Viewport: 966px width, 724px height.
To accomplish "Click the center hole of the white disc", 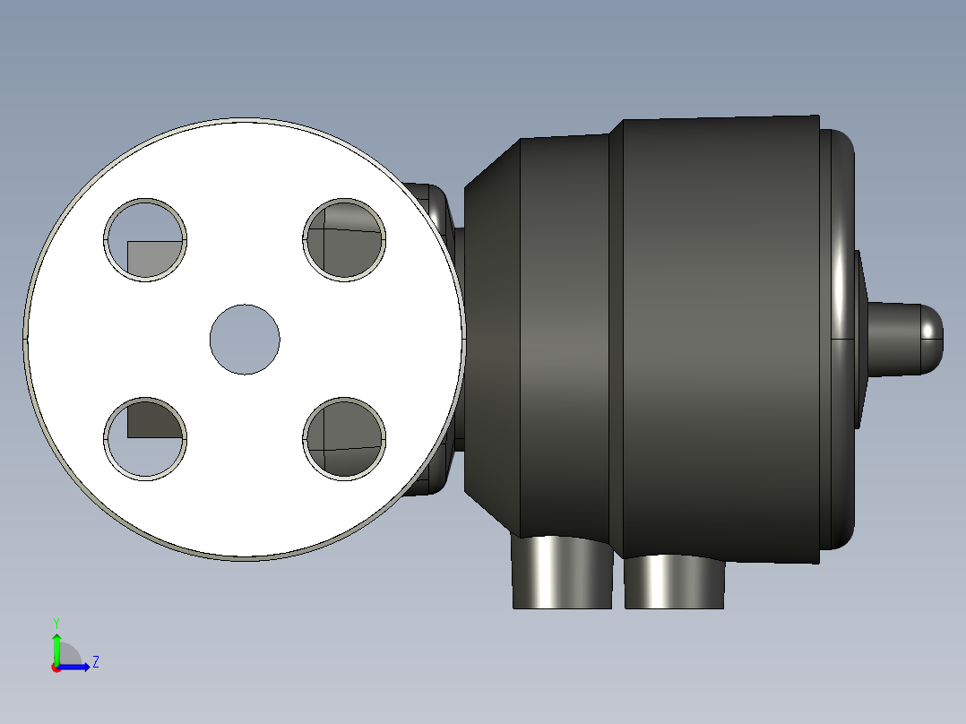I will point(245,340).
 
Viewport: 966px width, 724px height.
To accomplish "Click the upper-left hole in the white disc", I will point(145,240).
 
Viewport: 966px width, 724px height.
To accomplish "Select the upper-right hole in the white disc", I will point(345,240).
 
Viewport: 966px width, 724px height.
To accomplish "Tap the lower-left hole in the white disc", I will point(145,439).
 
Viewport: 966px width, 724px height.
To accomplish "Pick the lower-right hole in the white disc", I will point(345,439).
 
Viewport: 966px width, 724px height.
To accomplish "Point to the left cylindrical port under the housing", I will point(562,573).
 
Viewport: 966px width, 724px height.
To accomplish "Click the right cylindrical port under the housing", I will point(674,582).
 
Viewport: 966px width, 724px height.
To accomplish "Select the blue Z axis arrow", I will point(77,666).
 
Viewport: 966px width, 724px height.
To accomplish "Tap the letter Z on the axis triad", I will point(95,662).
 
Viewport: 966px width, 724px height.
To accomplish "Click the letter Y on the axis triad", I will point(56,622).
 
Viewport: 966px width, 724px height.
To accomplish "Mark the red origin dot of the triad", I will point(56,668).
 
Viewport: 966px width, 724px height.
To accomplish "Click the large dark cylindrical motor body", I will point(717,340).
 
